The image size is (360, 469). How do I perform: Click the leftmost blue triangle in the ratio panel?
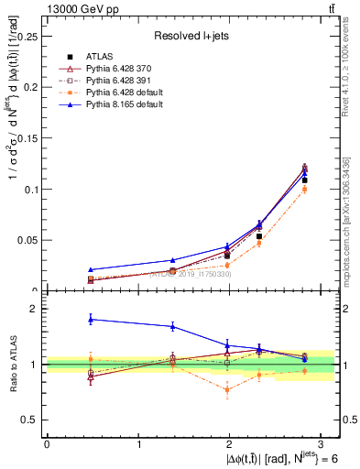[91, 319]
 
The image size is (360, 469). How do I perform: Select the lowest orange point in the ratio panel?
[227, 390]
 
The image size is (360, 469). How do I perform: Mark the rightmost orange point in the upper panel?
[305, 190]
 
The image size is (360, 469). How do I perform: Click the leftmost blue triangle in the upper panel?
[91, 269]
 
